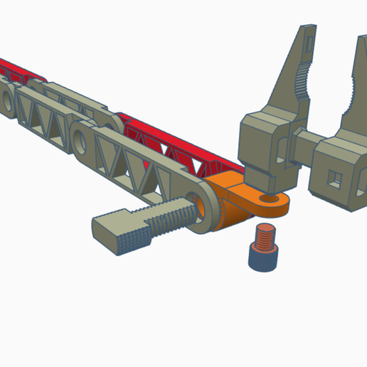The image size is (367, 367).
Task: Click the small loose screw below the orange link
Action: tap(262, 248)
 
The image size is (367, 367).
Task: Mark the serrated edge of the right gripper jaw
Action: tap(353, 88)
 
